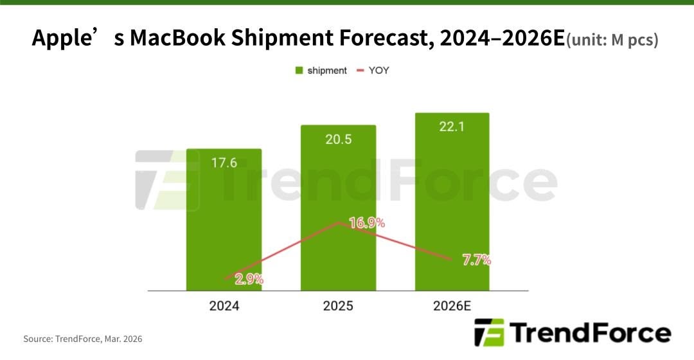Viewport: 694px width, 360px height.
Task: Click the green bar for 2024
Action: point(224,219)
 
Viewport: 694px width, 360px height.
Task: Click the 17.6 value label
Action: point(224,163)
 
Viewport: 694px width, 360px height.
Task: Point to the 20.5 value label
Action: point(338,139)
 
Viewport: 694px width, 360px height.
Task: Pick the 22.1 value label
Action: point(452,127)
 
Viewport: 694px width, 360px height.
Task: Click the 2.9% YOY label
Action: point(249,280)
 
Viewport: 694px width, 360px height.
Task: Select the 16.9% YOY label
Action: point(367,223)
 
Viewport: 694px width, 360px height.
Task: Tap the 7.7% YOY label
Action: point(476,260)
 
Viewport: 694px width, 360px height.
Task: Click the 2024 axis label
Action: point(224,306)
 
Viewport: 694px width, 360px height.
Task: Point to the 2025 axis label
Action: point(338,306)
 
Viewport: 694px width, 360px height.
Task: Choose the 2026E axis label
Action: point(452,306)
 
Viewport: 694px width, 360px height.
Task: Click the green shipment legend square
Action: point(299,71)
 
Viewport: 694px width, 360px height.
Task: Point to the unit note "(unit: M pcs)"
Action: point(612,40)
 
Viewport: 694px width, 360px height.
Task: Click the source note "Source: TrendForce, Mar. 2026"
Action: point(83,339)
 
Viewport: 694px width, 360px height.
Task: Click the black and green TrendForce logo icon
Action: point(489,332)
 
